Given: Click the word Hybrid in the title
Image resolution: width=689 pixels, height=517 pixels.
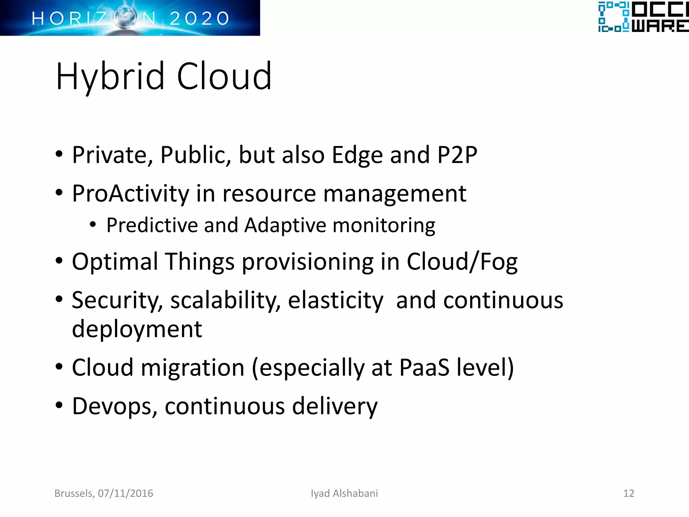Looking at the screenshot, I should pos(110,77).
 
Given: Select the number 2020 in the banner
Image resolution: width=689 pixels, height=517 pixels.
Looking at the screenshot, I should pos(199,19).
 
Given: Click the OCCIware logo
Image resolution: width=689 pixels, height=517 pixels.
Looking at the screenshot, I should pos(643,17).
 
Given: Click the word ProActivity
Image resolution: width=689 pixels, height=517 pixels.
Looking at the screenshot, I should pos(131,194).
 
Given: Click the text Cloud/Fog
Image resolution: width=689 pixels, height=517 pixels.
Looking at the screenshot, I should pos(462,262).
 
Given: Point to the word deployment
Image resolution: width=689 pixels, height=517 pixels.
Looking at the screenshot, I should pos(137,329).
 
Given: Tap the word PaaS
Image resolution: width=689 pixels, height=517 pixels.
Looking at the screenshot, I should pos(424,367).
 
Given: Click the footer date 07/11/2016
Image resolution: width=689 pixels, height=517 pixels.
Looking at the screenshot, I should pos(125,493).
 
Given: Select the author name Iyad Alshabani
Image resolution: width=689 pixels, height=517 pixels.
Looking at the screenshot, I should pos(344,493).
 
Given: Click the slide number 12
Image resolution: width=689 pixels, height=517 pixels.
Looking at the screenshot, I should pos(628,493).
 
